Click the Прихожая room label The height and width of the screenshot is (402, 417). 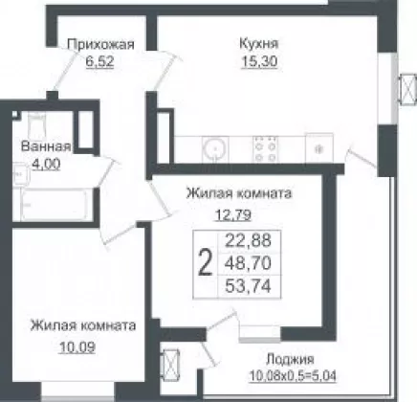[x=100, y=45]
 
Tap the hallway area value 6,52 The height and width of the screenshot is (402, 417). [x=99, y=61]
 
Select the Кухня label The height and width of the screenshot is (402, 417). [x=259, y=44]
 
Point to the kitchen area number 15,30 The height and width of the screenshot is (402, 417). [x=259, y=61]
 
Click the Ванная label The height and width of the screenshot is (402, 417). [x=46, y=146]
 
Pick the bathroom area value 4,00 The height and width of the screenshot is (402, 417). [x=47, y=165]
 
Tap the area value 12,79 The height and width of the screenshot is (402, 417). [x=233, y=215]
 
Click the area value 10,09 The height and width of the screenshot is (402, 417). [x=77, y=347]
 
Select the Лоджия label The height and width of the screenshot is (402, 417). [x=290, y=360]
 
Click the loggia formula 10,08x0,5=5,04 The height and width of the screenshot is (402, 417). [x=293, y=376]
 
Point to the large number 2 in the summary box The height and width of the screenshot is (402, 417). [x=205, y=263]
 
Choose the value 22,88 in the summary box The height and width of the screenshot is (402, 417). [x=249, y=240]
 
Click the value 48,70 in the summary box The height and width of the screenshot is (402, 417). [x=249, y=263]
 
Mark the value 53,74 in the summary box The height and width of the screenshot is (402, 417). [x=249, y=286]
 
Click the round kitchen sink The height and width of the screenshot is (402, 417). [x=215, y=148]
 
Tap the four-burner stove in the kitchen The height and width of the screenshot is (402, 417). [x=266, y=148]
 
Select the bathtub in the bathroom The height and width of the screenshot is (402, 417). [x=54, y=204]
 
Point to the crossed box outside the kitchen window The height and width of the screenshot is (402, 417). [x=408, y=90]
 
